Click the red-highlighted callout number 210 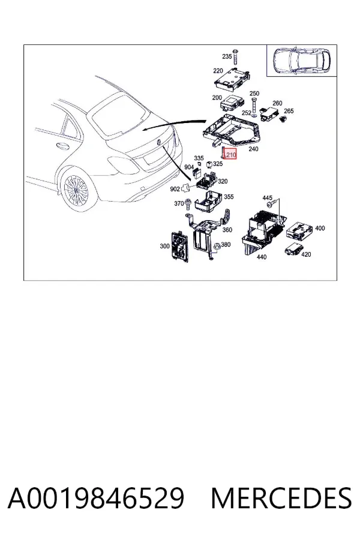[231, 155]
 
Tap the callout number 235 [227, 56]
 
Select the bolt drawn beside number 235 [236, 56]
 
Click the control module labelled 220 [232, 79]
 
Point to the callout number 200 [217, 97]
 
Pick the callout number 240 [253, 149]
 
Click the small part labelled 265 [284, 119]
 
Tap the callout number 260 [277, 103]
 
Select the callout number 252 [247, 113]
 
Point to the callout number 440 [262, 257]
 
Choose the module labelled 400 [299, 230]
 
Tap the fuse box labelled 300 [180, 247]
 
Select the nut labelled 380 [217, 247]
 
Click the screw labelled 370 [188, 204]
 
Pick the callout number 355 [229, 197]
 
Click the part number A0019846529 [96, 498]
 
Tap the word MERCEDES [281, 498]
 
